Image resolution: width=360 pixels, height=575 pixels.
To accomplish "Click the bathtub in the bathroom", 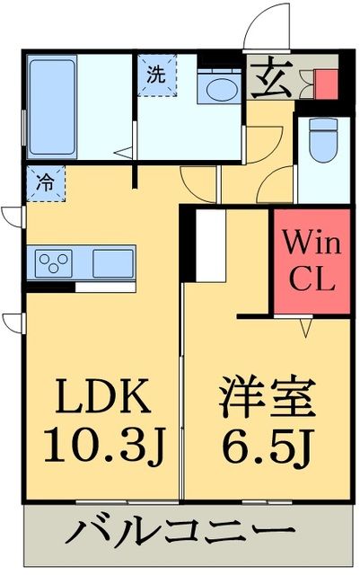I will click(55, 98).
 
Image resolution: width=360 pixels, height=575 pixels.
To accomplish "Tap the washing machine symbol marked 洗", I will click(156, 76).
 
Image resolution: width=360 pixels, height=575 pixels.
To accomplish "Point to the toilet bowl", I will click(320, 140).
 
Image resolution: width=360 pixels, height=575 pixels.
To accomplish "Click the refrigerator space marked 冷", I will click(44, 181).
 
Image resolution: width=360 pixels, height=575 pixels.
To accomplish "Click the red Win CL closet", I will click(311, 260).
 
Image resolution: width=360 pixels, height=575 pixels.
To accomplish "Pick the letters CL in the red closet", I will click(311, 279).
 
